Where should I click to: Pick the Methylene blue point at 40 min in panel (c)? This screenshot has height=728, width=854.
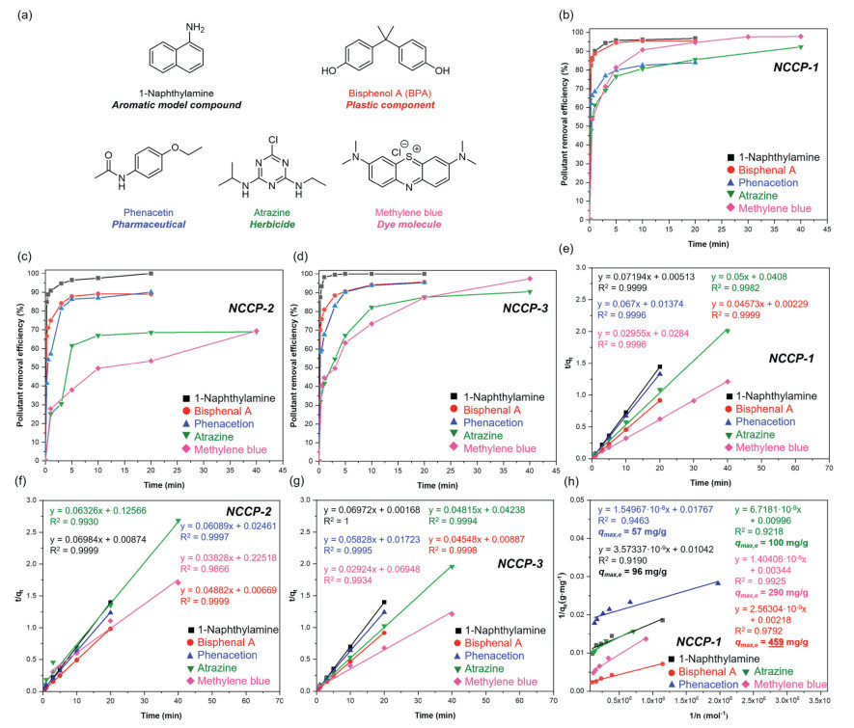coord(256,332)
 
